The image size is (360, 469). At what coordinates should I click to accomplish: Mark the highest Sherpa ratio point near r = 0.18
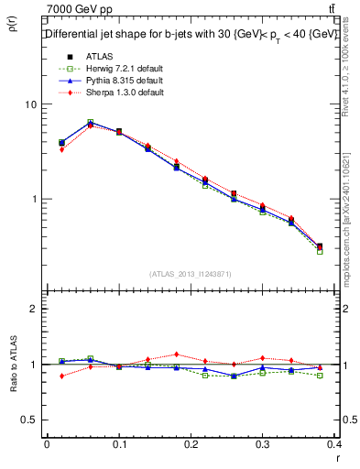tap(176, 354)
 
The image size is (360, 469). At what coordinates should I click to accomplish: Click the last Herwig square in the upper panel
tap(320, 250)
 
